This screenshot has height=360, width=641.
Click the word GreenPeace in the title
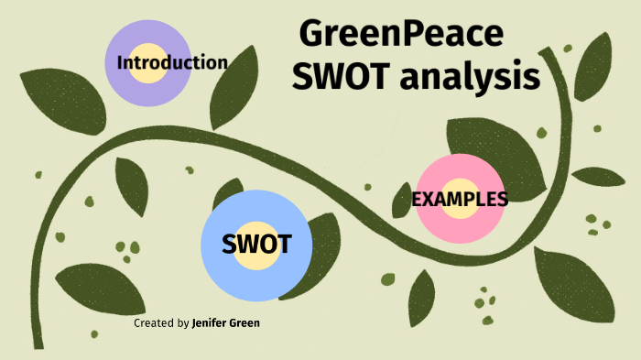click(x=402, y=35)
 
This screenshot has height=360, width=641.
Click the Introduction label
click(x=172, y=62)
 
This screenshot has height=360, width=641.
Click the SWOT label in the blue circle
click(x=256, y=244)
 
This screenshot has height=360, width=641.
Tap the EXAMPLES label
click(x=460, y=199)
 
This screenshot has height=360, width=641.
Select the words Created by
click(x=161, y=323)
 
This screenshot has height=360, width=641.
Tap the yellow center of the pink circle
click(x=460, y=211)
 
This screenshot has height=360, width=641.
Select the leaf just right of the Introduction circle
click(x=229, y=92)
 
